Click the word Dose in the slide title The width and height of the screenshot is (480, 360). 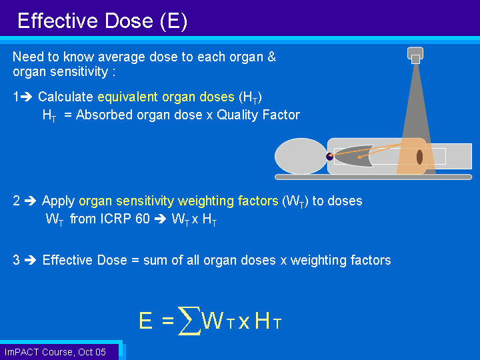click(x=129, y=21)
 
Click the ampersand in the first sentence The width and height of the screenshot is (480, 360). click(x=271, y=57)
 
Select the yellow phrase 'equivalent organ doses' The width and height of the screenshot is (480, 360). click(x=166, y=97)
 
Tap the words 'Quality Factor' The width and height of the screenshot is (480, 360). click(x=259, y=115)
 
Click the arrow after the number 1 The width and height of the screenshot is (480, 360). click(x=27, y=97)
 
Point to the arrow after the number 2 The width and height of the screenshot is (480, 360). click(x=30, y=201)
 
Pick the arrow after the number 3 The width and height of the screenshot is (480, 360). click(x=30, y=260)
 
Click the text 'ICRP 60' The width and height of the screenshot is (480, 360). click(x=125, y=219)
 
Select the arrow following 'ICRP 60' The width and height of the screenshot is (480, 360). click(x=160, y=219)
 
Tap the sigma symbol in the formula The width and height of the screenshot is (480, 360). click(x=189, y=321)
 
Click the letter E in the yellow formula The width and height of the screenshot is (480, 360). click(x=146, y=321)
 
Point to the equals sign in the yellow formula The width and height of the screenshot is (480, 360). click(x=168, y=321)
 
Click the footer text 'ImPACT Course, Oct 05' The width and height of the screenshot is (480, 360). click(x=55, y=352)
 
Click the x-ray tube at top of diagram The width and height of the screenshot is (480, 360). click(x=415, y=55)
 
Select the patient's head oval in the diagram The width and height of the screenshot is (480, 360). click(x=301, y=156)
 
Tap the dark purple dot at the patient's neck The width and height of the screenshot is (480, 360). click(x=330, y=157)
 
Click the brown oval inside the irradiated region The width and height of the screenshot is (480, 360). click(x=420, y=157)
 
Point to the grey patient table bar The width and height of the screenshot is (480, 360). click(x=373, y=177)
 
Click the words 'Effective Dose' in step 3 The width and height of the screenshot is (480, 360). click(x=85, y=260)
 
